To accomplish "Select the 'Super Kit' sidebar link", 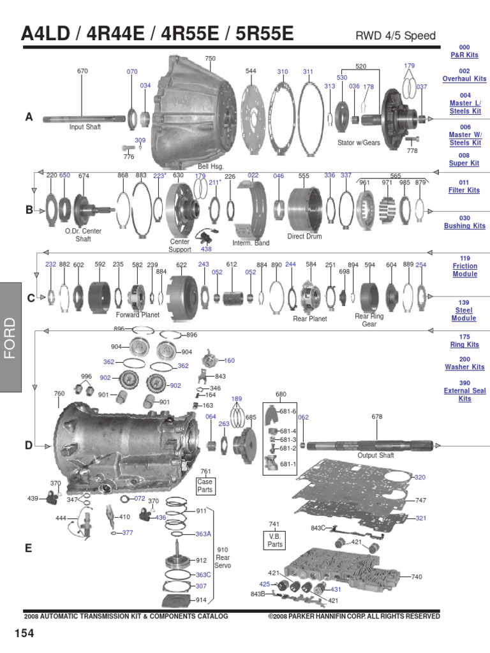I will pyautogui.click(x=464, y=163).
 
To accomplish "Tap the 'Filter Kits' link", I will pyautogui.click(x=464, y=190).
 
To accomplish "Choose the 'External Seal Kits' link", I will pyautogui.click(x=464, y=395).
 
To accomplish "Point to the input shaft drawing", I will pyautogui.click(x=83, y=119).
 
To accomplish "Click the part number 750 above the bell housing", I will pyautogui.click(x=210, y=59).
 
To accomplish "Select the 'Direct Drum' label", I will pyautogui.click(x=304, y=237).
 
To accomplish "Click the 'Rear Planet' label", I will pyautogui.click(x=309, y=318).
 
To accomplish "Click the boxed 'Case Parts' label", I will pyautogui.click(x=205, y=486).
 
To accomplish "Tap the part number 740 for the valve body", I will pyautogui.click(x=417, y=576).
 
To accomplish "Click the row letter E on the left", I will pyautogui.click(x=29, y=547).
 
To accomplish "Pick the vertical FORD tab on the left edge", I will pyautogui.click(x=11, y=338).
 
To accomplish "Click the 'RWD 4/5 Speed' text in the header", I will pyautogui.click(x=396, y=36).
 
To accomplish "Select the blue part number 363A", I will pyautogui.click(x=203, y=534).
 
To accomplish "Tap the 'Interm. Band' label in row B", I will pyautogui.click(x=251, y=243).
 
